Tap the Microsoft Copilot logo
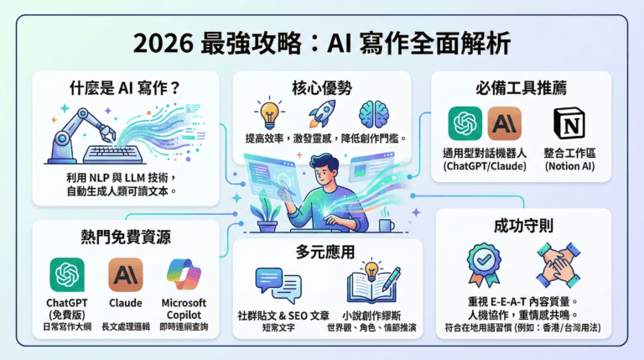coord(184,274)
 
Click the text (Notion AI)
coord(570,167)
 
